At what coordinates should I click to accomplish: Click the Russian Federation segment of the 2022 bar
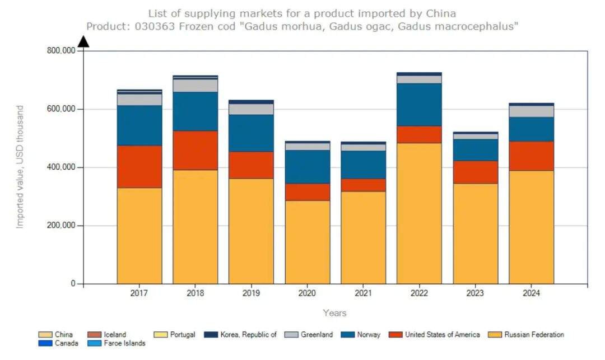click(x=419, y=213)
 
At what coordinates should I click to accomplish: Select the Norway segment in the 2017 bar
click(x=139, y=125)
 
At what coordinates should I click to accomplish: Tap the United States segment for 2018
click(x=195, y=151)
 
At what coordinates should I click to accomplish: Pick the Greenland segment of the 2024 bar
click(x=531, y=111)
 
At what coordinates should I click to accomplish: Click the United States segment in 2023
click(x=475, y=172)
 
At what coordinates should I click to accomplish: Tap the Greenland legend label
click(x=317, y=335)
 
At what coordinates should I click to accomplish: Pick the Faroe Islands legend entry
click(x=124, y=343)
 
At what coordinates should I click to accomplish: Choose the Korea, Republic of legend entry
click(x=246, y=335)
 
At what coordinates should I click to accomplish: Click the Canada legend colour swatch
click(x=45, y=343)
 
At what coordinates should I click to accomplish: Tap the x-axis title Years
click(x=334, y=313)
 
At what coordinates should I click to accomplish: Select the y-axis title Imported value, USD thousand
click(x=20, y=167)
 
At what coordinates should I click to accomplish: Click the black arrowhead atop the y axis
click(x=83, y=41)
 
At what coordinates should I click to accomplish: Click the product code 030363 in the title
click(x=152, y=26)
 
